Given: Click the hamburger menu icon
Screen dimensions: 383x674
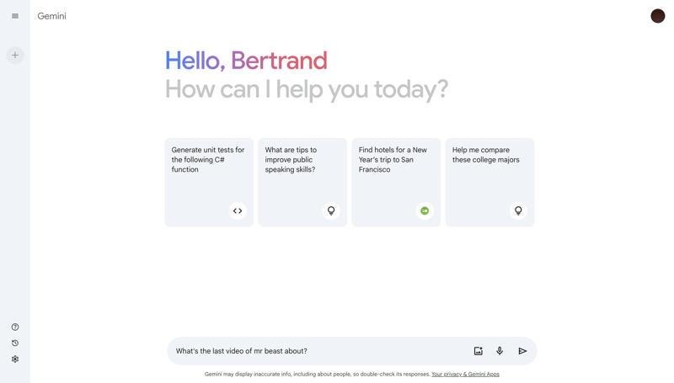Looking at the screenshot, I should [x=15, y=16].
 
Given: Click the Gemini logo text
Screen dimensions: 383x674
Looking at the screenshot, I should [x=51, y=16].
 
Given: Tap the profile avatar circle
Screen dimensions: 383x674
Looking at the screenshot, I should [x=657, y=16].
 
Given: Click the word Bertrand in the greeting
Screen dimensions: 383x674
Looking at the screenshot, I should [x=279, y=61].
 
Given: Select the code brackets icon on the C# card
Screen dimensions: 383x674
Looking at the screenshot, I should [x=238, y=210].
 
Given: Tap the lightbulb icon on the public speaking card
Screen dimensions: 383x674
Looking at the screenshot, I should [x=331, y=210].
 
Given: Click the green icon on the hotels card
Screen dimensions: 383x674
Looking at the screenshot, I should [x=425, y=210].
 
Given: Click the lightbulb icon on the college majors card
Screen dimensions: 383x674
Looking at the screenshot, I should [x=518, y=210].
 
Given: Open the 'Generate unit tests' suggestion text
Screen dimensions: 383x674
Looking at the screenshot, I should [x=208, y=160].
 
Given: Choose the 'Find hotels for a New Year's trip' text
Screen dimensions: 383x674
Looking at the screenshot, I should [x=393, y=160].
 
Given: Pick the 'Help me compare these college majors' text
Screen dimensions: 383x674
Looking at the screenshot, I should [x=485, y=155].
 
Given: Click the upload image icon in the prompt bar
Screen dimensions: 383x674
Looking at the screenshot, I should [x=478, y=351].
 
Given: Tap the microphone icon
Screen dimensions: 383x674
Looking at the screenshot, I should [x=500, y=351].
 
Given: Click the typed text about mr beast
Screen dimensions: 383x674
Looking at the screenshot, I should [x=241, y=351].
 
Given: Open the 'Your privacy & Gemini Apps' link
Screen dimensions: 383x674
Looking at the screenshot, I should [x=465, y=375].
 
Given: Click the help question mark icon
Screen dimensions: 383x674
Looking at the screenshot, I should [x=15, y=327].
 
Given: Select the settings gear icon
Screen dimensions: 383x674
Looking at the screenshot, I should [x=15, y=359].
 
